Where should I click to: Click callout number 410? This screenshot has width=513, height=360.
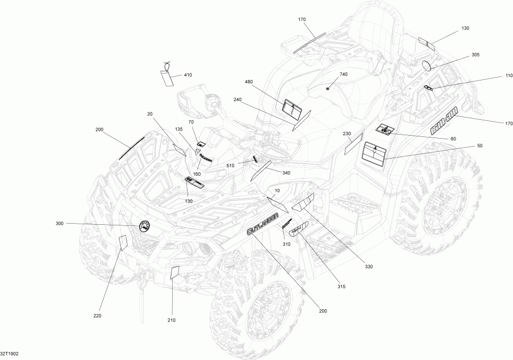click(188, 75)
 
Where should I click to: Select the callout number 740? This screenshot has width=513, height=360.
click(343, 75)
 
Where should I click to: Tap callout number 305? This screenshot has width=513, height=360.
click(475, 55)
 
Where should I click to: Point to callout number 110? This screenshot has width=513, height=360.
click(493, 76)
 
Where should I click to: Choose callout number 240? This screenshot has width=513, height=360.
click(237, 99)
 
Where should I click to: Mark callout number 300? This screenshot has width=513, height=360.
click(59, 223)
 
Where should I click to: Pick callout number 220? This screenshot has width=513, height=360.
click(97, 316)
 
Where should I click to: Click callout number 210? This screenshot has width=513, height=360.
click(172, 320)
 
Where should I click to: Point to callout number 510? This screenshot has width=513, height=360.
click(230, 166)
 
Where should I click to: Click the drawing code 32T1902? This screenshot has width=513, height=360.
click(10, 354)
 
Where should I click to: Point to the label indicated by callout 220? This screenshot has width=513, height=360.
click(122, 242)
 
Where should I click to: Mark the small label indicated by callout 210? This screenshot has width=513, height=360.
click(175, 272)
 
